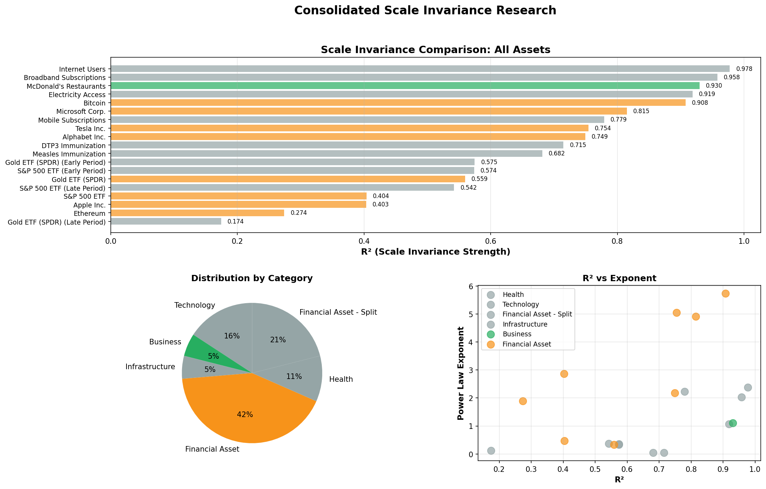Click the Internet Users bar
(x=419, y=69)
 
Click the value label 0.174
(x=236, y=222)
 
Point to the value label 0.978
(x=744, y=69)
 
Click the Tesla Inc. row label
(x=90, y=129)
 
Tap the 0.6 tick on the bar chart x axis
(x=491, y=241)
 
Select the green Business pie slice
(x=206, y=353)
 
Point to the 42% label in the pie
(x=245, y=415)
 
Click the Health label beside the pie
(x=341, y=379)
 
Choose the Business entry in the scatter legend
(x=517, y=334)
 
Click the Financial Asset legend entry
(x=527, y=344)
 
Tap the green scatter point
(x=733, y=423)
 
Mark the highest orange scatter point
(x=725, y=293)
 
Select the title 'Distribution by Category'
(x=252, y=278)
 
